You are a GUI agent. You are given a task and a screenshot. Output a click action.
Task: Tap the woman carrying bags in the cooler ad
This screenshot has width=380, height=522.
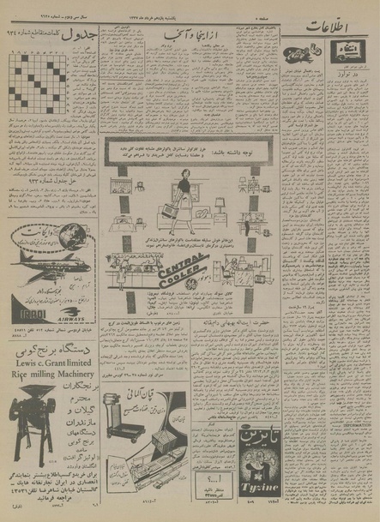pyautogui.click(x=185, y=189)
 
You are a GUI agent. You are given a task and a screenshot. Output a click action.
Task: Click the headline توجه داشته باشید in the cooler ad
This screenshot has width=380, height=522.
pyautogui.click(x=184, y=145)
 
